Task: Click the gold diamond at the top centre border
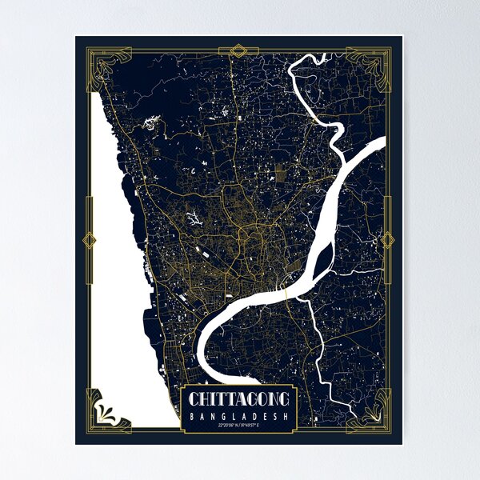click(238, 52)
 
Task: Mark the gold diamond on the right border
click(388, 240)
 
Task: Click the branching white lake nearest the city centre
click(193, 217)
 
